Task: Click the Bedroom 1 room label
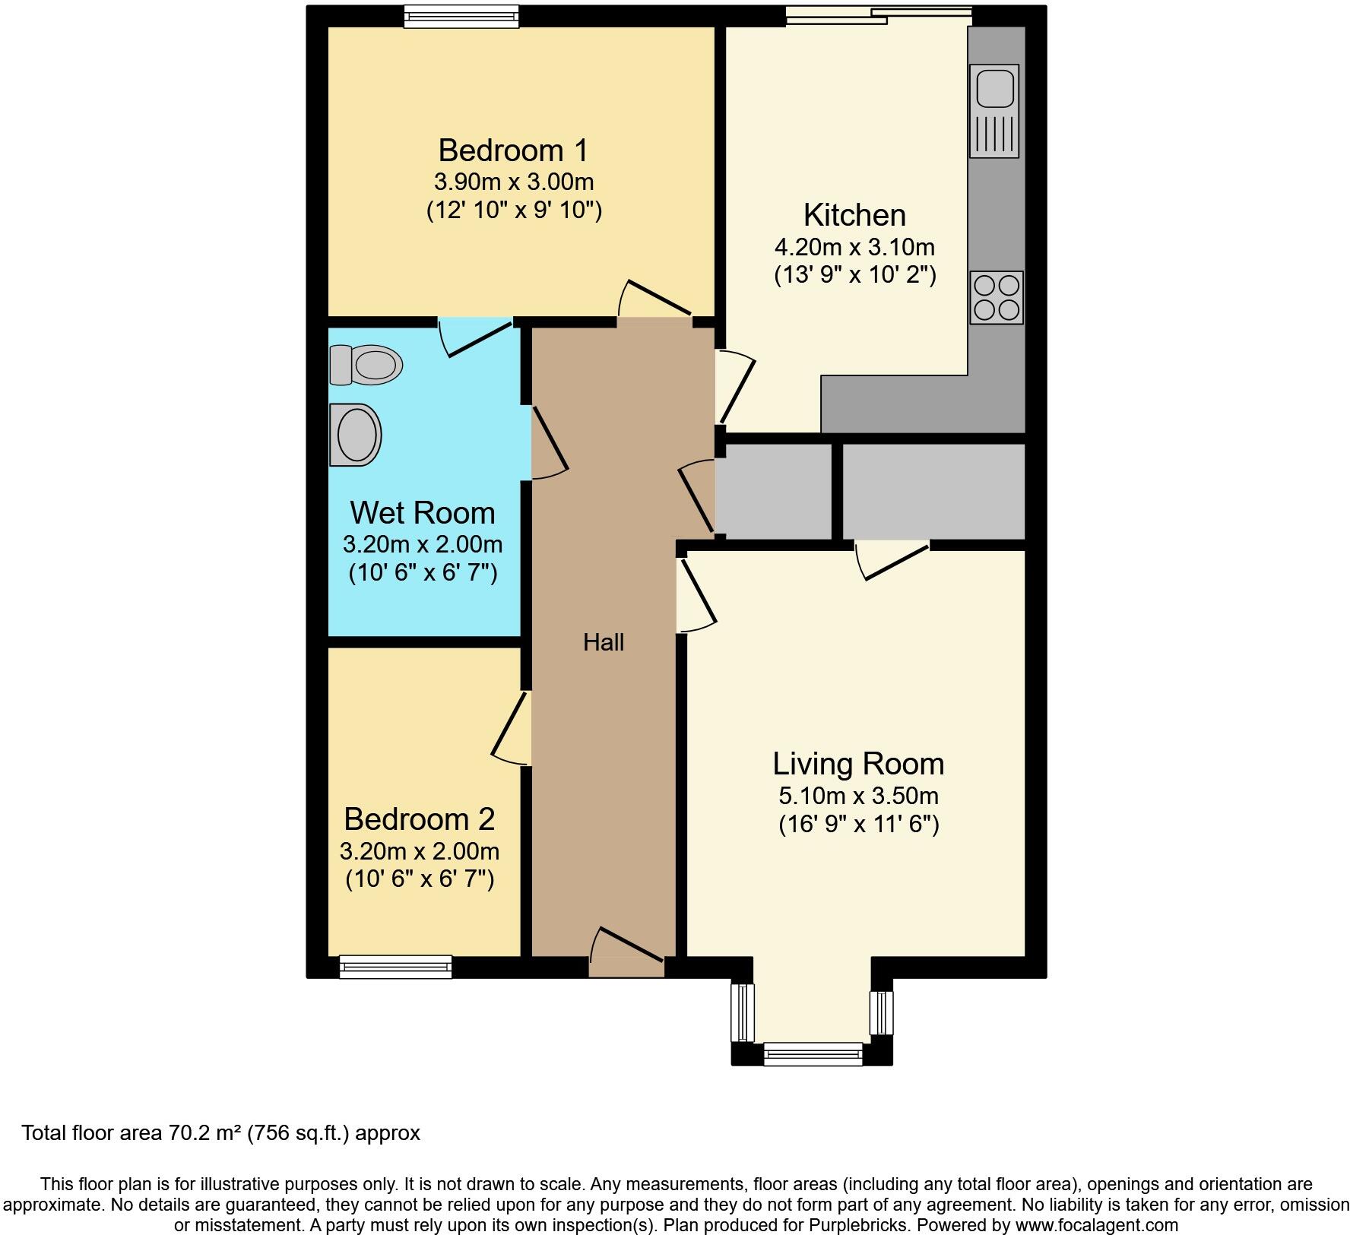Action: (x=513, y=150)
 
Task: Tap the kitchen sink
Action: (x=994, y=110)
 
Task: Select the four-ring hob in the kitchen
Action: (x=997, y=297)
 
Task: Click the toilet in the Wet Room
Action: (x=366, y=364)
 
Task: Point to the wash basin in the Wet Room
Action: (x=356, y=435)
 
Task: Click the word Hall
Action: (x=604, y=643)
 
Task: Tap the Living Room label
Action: (x=858, y=764)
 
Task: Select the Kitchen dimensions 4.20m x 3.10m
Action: (x=854, y=247)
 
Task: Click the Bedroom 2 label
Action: (x=419, y=819)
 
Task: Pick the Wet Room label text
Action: (x=423, y=513)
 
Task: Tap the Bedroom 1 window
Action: (x=461, y=16)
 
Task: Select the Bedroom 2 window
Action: (x=395, y=967)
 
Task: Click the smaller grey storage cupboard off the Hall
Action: (x=774, y=492)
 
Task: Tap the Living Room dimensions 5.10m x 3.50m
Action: (x=858, y=796)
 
